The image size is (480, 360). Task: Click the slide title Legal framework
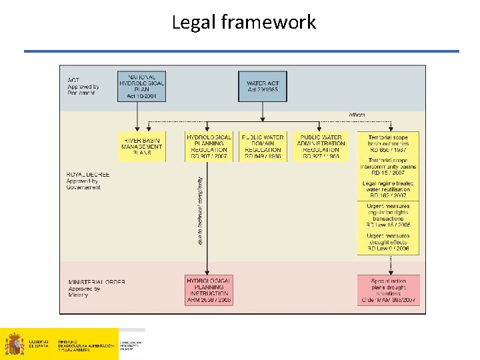coord(243,23)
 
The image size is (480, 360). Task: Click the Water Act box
coord(262,86)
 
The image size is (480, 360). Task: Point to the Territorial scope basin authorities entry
coord(389,143)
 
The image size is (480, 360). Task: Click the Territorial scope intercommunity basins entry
coord(389,167)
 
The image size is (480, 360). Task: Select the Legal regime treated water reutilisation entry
coord(389,189)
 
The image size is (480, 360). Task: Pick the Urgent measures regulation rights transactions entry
coord(389,217)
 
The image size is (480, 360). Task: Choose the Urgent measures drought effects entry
coord(389,242)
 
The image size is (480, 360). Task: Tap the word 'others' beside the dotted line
coord(357,115)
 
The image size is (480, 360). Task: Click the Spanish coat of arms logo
coord(14,345)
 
